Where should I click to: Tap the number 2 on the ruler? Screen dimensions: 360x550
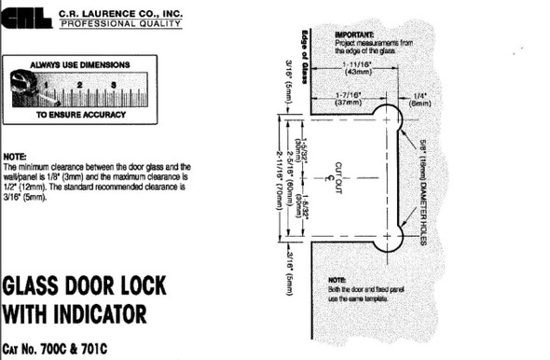pos(81,85)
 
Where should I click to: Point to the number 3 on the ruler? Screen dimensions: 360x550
pos(112,85)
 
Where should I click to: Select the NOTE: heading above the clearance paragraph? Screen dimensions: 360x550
pos(16,156)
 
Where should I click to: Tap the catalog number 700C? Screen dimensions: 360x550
pos(75,351)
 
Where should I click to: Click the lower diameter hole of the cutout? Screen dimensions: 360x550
pos(387,237)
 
